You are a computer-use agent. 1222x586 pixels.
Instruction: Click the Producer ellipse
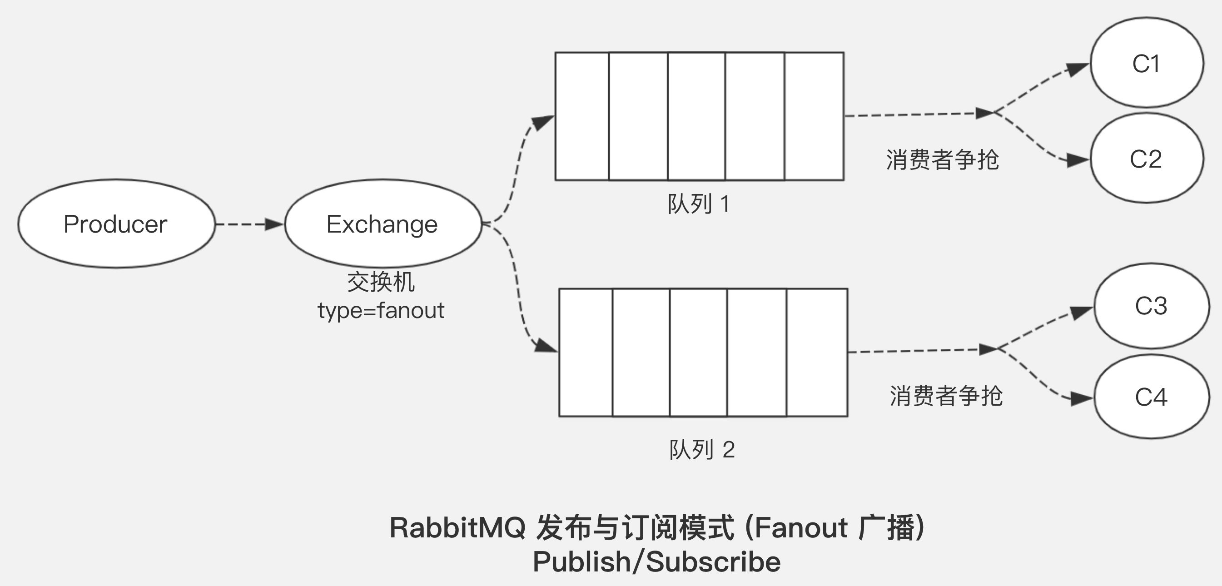pos(116,223)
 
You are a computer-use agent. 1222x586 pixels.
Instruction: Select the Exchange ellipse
pos(382,223)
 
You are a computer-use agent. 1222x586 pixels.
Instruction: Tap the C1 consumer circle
pos(1147,63)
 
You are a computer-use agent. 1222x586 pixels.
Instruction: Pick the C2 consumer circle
pos(1147,159)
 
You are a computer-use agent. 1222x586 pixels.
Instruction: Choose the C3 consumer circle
pos(1151,306)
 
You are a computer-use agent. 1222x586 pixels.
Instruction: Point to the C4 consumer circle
pos(1151,397)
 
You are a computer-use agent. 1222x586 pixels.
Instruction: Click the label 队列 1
pos(698,204)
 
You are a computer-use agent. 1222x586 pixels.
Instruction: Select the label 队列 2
pos(701,449)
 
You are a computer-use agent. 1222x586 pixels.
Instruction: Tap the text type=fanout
pos(381,311)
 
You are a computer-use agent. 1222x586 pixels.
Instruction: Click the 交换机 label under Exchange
pos(381,282)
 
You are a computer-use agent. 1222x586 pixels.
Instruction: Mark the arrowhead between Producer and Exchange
pos(274,224)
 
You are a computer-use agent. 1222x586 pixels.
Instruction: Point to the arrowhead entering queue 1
pos(542,122)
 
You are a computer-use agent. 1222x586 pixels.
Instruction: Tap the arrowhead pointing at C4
pos(1081,398)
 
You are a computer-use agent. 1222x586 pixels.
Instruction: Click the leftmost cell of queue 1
pos(582,116)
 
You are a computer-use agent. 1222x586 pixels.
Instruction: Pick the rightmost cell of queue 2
pos(817,353)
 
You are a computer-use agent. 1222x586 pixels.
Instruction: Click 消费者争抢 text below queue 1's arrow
pos(942,159)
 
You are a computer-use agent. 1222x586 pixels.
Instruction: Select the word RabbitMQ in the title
pos(457,528)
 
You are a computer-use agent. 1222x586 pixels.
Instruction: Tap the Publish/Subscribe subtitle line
pos(656,562)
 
